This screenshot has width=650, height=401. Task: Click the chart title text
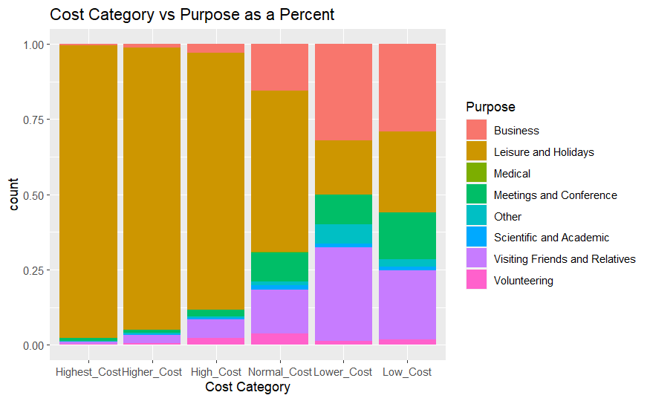192,15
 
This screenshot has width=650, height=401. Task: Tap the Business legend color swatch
477,131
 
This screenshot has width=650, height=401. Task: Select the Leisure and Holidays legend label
544,152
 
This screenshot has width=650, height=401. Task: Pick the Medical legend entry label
512,174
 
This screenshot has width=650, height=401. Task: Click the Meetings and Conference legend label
555,195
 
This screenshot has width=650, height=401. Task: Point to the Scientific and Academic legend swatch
477,238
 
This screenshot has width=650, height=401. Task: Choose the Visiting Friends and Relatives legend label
565,259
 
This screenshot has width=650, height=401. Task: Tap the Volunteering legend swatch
477,281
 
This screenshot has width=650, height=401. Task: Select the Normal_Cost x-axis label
279,371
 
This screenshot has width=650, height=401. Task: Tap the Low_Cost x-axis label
408,371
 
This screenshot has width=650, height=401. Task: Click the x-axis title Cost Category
247,387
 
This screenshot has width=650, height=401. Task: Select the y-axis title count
15,195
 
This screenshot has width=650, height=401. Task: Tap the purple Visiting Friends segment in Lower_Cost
343,294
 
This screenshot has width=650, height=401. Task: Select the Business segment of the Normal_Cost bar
279,67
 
